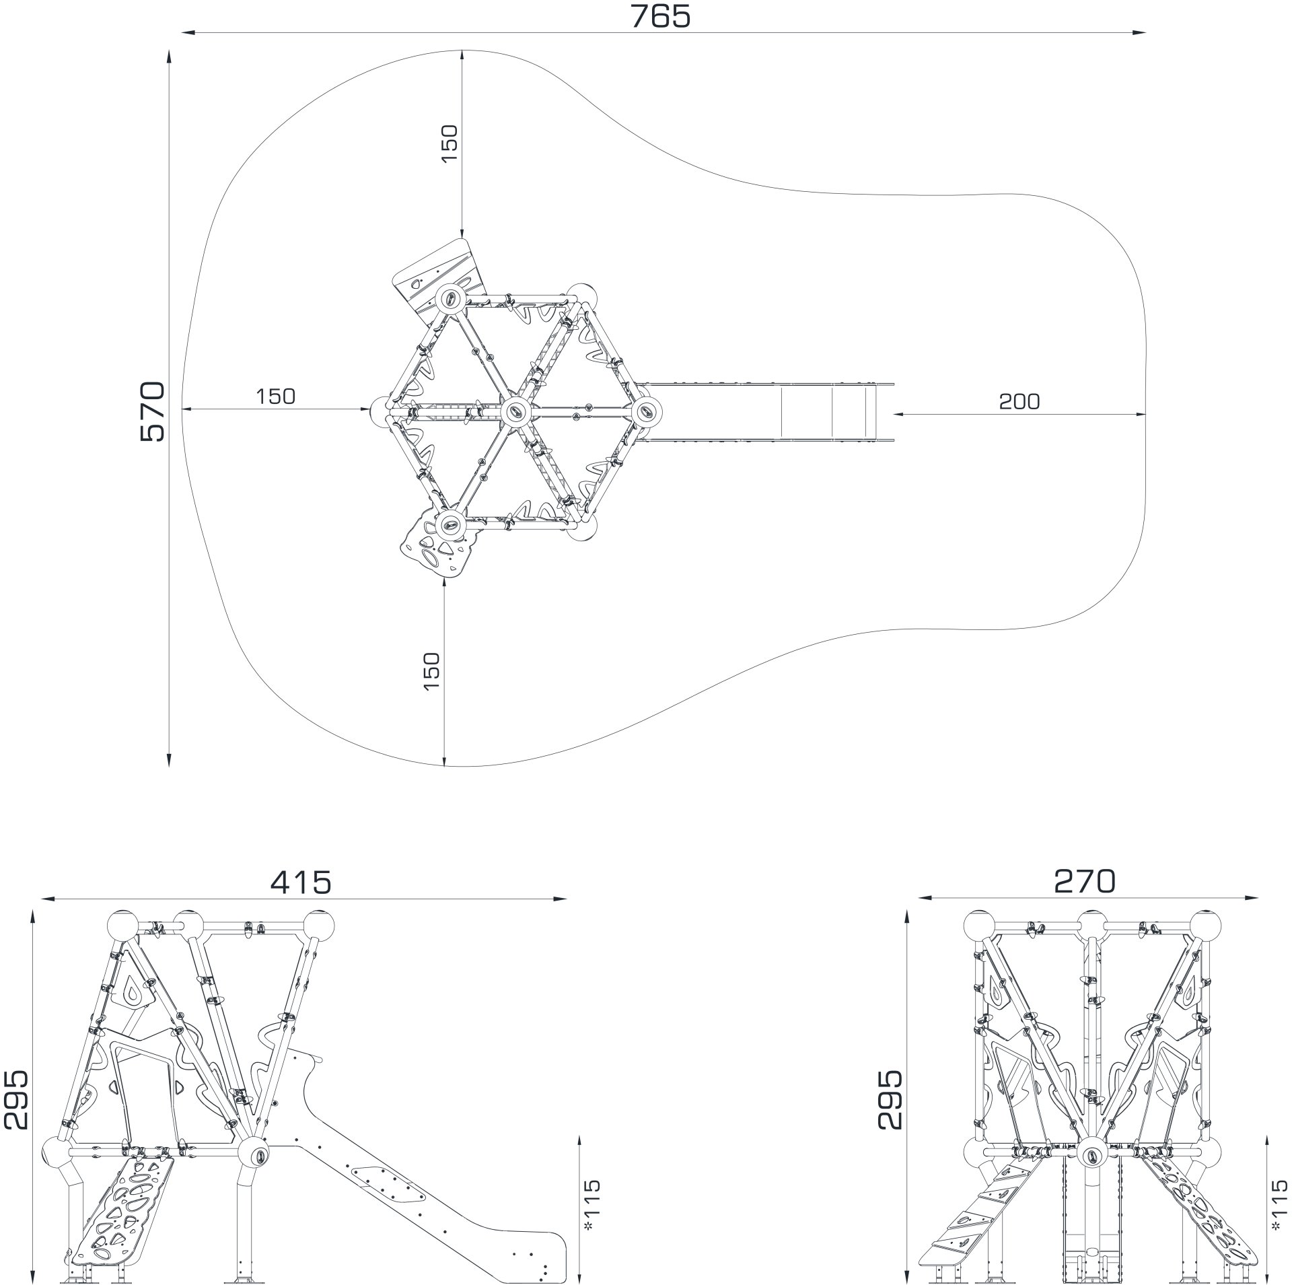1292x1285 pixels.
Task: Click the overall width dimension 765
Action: pyautogui.click(x=660, y=16)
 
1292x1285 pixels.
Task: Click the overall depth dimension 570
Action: pyautogui.click(x=153, y=411)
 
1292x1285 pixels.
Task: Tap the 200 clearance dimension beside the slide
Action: pyautogui.click(x=1019, y=402)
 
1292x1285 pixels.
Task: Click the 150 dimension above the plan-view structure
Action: pyautogui.click(x=449, y=143)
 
